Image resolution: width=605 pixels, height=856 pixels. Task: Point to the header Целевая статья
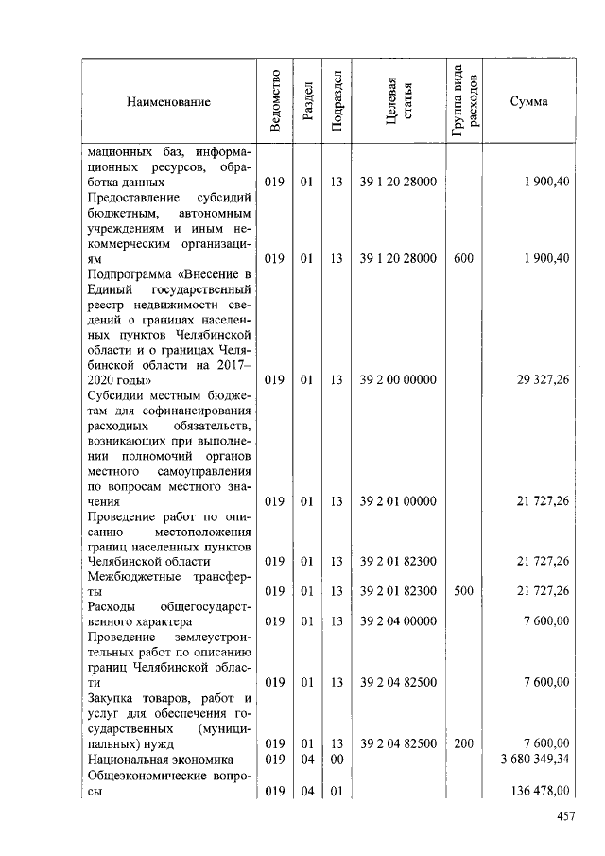coord(398,102)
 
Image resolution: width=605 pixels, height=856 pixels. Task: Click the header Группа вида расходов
coord(464,101)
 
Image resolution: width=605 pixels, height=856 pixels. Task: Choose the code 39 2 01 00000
coord(398,500)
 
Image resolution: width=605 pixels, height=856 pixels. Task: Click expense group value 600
coord(463,258)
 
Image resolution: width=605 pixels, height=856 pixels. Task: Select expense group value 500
coord(463,591)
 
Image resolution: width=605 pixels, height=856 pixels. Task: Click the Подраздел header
coord(337,101)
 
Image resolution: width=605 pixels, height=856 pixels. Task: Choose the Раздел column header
coord(306,101)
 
